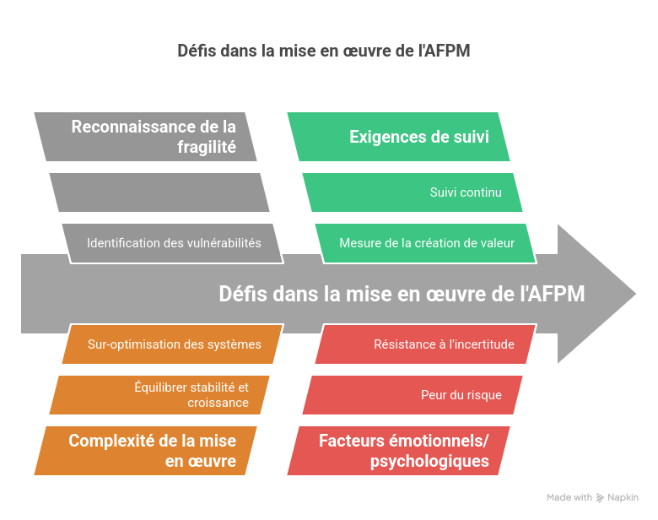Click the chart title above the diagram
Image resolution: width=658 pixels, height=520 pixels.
click(323, 51)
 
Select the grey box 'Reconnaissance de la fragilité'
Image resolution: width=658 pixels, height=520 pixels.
click(145, 137)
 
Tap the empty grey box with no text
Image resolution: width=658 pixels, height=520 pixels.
click(159, 192)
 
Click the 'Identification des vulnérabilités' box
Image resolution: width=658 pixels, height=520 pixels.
click(173, 243)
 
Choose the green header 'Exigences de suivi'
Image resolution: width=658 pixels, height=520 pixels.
click(399, 137)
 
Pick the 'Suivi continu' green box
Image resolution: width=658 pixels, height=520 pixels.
click(413, 192)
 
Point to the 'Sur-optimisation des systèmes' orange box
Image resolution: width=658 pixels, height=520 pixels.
click(174, 344)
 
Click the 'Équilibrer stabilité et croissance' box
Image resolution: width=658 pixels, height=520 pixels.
click(159, 395)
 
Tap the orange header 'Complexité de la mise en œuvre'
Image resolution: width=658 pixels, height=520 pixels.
click(145, 451)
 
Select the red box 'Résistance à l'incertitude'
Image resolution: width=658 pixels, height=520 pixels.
click(425, 344)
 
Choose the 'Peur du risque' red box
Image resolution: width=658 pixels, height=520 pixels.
click(413, 395)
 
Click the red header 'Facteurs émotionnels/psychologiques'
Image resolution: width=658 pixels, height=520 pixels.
click(399, 451)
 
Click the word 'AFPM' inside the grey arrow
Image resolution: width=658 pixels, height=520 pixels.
click(553, 294)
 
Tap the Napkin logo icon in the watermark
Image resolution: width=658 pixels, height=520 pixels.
click(600, 498)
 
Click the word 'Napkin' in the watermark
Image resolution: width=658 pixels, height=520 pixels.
click(623, 498)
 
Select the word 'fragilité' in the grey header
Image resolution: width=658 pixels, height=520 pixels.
click(205, 149)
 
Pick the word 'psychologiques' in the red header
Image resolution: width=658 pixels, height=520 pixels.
click(429, 462)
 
